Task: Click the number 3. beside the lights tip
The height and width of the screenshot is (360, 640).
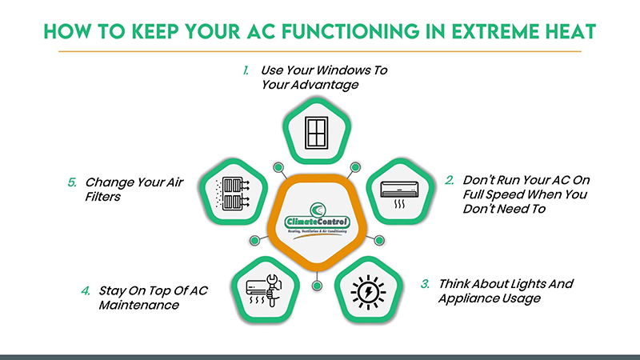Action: [426, 284]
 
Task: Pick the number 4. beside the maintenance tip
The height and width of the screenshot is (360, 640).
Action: [85, 290]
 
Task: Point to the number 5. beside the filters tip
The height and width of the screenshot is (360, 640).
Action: [71, 182]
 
